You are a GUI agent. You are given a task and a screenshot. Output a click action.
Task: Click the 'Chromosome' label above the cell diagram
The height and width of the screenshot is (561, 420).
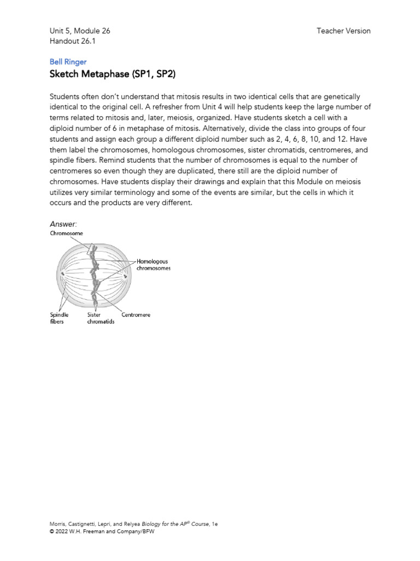tap(67, 233)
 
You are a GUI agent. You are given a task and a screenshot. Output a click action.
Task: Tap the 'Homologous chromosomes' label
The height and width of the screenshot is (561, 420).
tap(153, 265)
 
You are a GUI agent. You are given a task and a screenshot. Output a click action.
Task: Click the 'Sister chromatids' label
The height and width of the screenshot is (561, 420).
tap(101, 318)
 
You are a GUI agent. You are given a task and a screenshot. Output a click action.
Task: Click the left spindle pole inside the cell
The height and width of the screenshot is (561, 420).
tap(63, 274)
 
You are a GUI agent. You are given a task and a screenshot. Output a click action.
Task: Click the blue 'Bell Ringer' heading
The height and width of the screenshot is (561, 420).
tap(68, 62)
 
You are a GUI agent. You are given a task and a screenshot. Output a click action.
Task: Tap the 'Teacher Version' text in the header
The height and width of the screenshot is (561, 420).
tap(343, 31)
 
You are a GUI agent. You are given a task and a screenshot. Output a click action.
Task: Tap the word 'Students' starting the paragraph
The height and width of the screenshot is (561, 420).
tap(65, 96)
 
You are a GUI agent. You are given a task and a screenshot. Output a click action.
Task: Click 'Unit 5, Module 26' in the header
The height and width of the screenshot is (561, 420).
tap(80, 31)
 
